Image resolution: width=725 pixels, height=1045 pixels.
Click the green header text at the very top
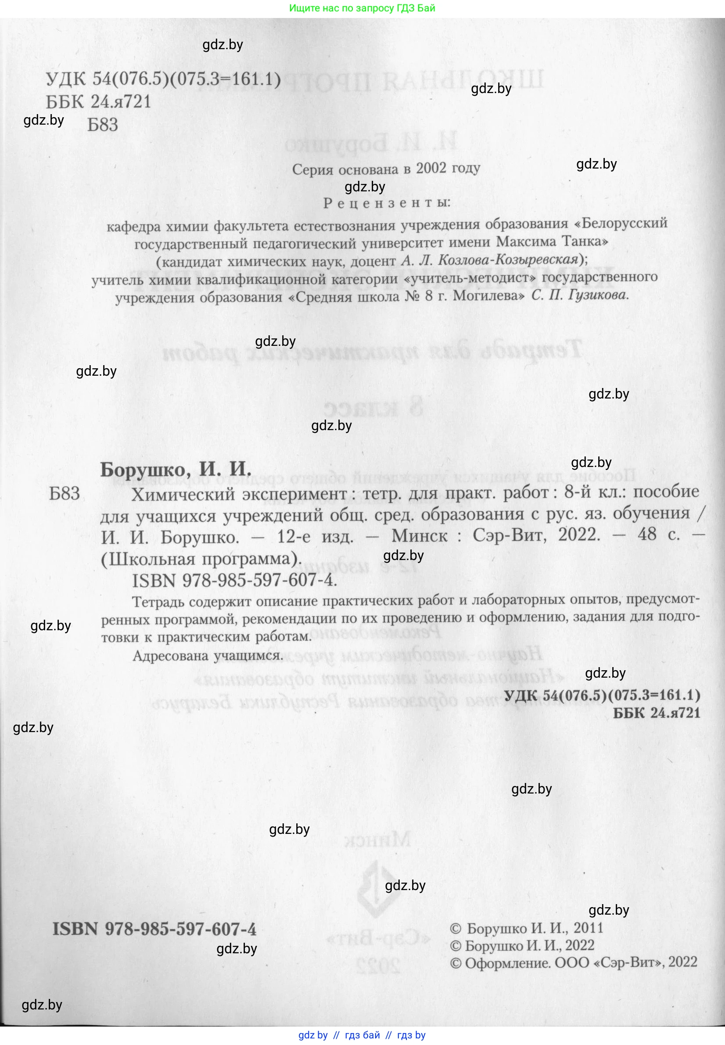[x=362, y=8]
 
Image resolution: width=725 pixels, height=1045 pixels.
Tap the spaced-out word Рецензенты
[x=387, y=203]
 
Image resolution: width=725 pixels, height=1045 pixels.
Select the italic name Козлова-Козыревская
[x=490, y=260]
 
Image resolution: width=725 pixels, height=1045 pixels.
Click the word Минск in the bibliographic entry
[x=419, y=536]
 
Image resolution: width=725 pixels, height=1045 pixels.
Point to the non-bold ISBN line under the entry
[x=234, y=581]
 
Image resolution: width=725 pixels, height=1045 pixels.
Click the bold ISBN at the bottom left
[x=154, y=929]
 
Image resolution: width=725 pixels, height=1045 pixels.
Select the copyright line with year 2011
[x=527, y=928]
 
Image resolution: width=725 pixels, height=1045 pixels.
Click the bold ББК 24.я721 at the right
[x=656, y=713]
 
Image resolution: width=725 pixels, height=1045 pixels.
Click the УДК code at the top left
[x=163, y=79]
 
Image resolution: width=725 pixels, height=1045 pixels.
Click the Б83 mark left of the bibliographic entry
[x=65, y=494]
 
